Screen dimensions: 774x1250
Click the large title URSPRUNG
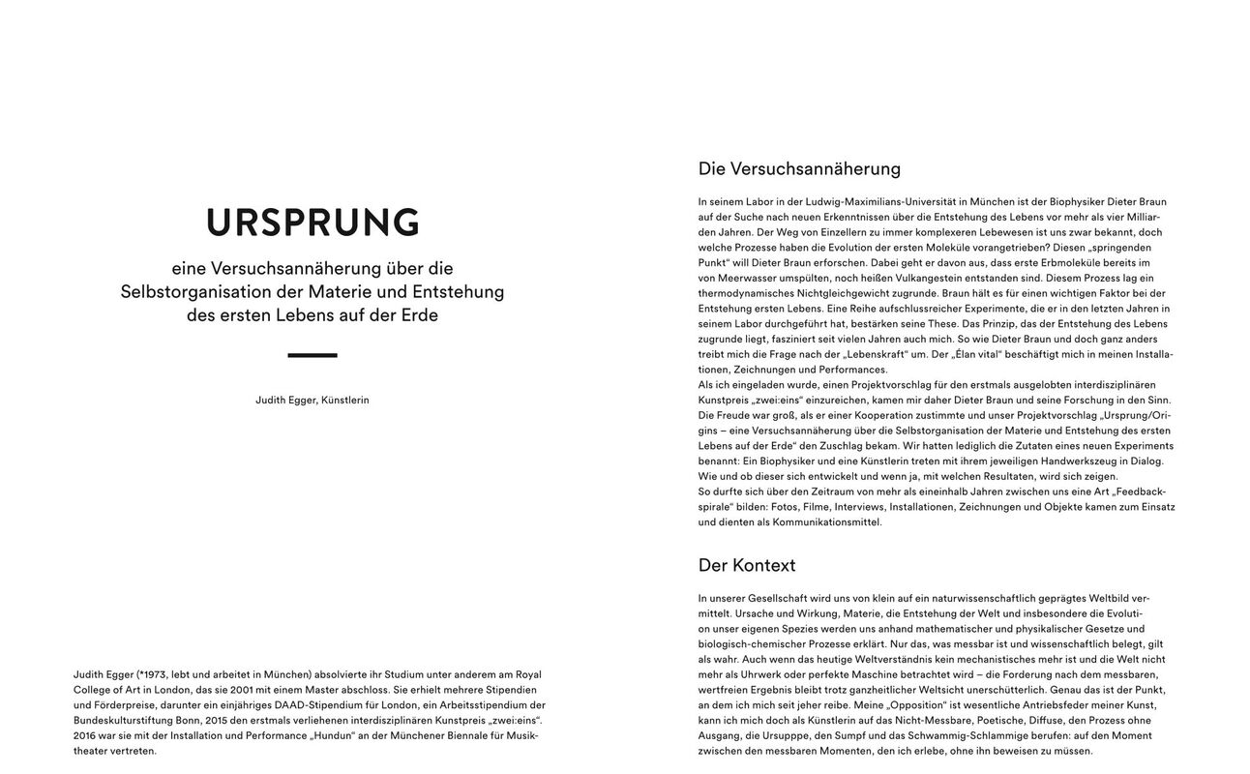click(312, 223)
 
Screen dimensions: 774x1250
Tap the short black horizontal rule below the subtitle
click(312, 355)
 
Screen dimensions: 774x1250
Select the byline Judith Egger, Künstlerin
click(312, 400)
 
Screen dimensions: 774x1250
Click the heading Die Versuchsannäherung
click(799, 168)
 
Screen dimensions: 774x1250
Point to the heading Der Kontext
click(747, 565)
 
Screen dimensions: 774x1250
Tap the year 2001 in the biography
click(243, 690)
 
